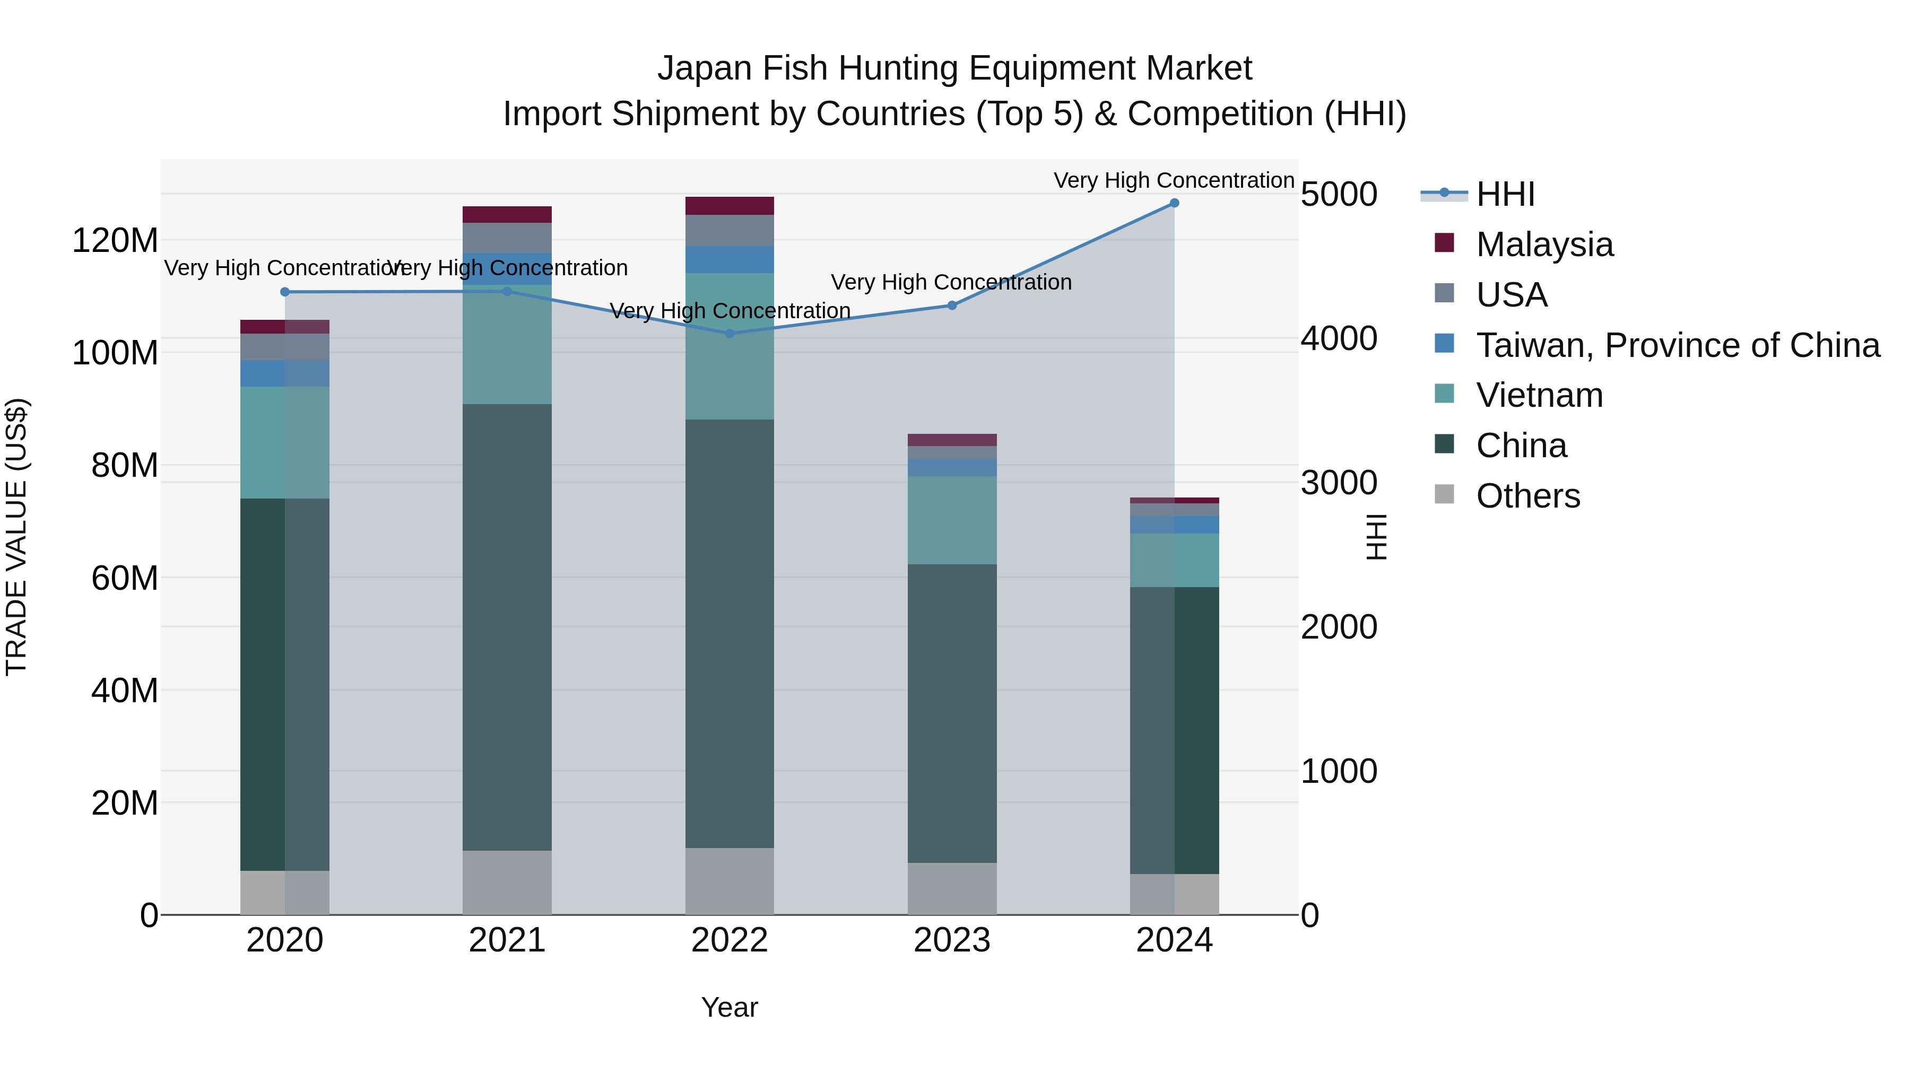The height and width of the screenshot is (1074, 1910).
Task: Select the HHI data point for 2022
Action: tap(730, 334)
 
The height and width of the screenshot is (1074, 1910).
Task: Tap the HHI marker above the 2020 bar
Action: tap(285, 292)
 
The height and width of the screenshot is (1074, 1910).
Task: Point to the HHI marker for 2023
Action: tap(952, 305)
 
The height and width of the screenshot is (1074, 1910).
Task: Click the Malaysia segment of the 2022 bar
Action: tap(730, 205)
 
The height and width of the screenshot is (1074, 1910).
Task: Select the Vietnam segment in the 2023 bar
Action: tap(952, 520)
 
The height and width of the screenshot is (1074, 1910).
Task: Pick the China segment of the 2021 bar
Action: tap(507, 626)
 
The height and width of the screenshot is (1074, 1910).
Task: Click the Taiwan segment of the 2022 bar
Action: tap(730, 259)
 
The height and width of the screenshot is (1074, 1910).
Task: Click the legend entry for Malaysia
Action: tap(1544, 245)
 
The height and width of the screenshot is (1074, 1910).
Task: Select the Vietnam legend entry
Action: tap(1539, 395)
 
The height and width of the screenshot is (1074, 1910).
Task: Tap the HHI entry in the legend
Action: tap(1505, 194)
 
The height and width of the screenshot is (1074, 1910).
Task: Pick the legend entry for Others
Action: tap(1527, 496)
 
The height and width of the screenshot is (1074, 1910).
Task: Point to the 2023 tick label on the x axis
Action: tap(952, 940)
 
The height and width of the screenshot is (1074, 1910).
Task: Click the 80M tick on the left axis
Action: tap(125, 466)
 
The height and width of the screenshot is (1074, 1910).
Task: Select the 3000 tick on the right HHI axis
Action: tap(1339, 483)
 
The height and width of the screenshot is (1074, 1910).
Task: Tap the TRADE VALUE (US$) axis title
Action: tap(16, 537)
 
